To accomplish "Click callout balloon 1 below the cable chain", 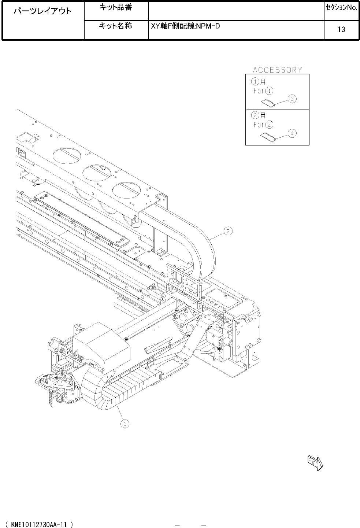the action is (125, 424).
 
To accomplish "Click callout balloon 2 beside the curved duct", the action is (228, 231).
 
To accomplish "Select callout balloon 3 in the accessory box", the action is (292, 99).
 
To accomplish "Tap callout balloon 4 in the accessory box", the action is (292, 134).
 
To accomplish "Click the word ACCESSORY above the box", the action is (278, 70).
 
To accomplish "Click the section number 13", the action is (341, 29).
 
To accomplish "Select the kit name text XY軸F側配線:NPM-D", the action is (185, 26).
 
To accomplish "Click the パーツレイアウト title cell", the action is (42, 11).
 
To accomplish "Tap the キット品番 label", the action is (115, 8).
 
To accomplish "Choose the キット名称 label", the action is (115, 26).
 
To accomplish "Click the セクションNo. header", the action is (342, 8).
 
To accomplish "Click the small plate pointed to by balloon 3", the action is (268, 103).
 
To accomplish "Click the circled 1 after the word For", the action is (269, 91).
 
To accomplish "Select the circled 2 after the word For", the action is (269, 125).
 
